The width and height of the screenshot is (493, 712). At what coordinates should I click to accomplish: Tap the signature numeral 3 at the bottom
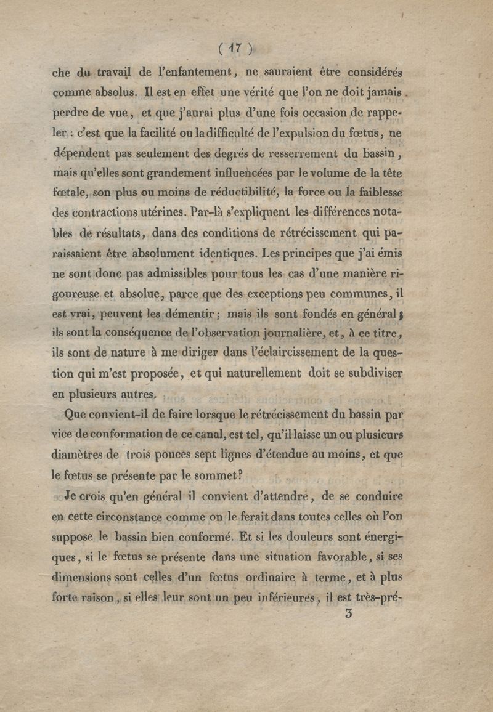349,613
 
